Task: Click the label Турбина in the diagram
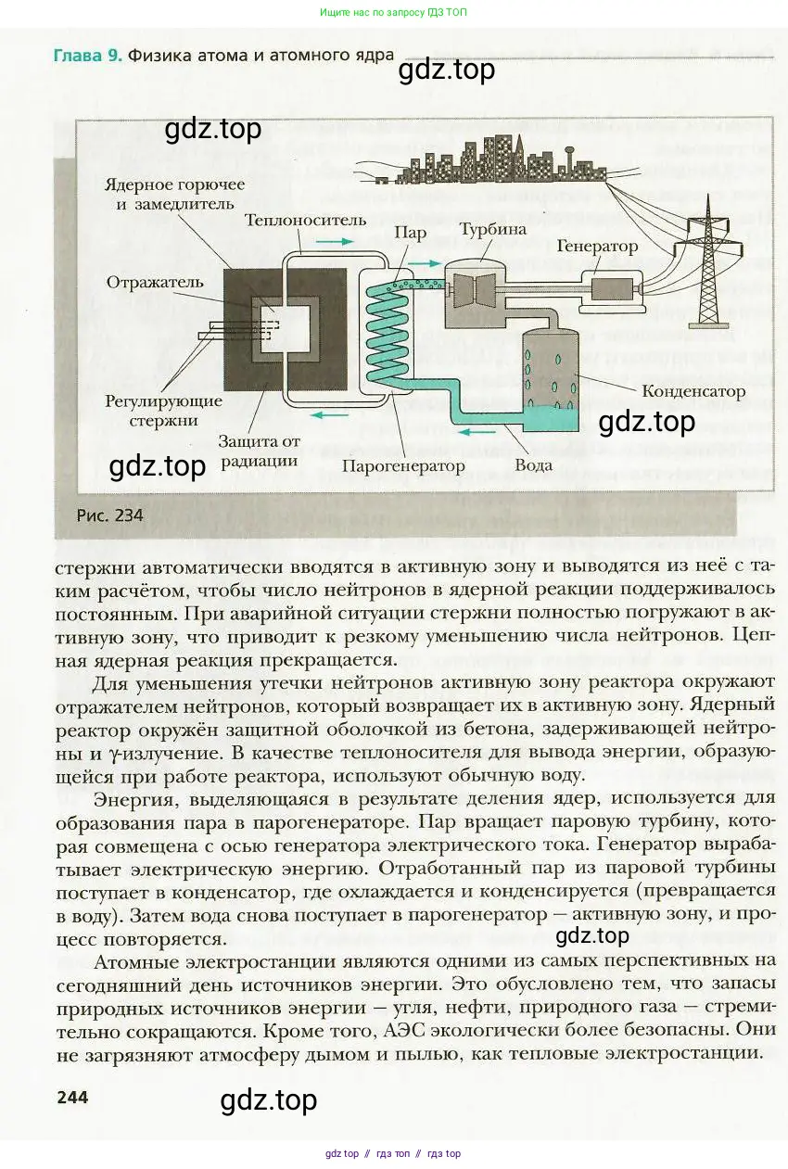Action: tap(493, 230)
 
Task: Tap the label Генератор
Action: tap(597, 246)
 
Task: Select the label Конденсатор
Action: tap(693, 391)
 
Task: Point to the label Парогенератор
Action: tap(403, 465)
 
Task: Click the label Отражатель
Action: tap(155, 283)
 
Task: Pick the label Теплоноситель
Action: tap(305, 221)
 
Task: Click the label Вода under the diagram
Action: tap(533, 464)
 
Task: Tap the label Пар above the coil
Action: tap(410, 233)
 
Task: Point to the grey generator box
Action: tap(611, 289)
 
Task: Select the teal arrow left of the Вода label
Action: tap(477, 432)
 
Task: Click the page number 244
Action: tap(72, 1098)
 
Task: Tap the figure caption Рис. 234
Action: tap(109, 515)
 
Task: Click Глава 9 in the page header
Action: tap(88, 56)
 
